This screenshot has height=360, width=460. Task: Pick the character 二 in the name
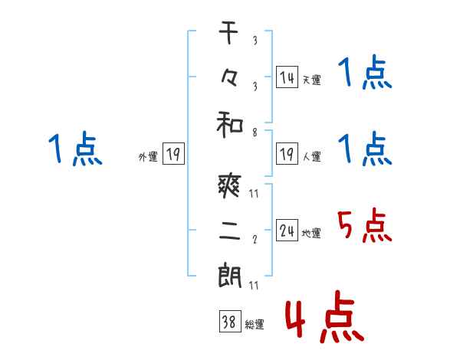(229, 231)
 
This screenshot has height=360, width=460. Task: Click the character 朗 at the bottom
(229, 277)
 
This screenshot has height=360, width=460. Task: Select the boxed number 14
(287, 77)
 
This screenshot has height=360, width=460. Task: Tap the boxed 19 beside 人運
(287, 154)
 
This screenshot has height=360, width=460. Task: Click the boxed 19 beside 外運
(172, 155)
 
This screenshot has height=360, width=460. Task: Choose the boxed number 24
(287, 231)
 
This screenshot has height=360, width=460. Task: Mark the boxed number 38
(228, 323)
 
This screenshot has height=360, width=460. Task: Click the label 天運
(311, 80)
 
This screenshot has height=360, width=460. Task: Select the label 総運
(254, 325)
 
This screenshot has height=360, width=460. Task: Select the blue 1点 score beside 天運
(365, 74)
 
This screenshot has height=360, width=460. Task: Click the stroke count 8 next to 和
(254, 133)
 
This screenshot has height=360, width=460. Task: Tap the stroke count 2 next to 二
(254, 239)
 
